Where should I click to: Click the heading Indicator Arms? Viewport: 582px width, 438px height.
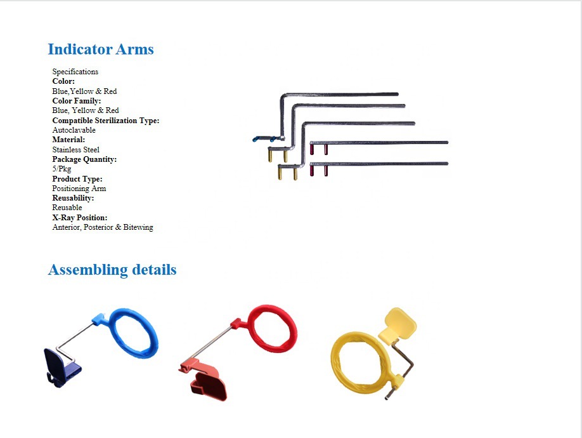(101, 50)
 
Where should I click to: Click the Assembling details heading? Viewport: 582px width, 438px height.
(112, 270)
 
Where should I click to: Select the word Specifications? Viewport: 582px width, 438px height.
(75, 72)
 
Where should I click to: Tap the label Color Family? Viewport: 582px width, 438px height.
(76, 101)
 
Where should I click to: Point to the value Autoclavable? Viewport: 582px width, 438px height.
(74, 130)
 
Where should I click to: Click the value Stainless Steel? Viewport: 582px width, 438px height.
(75, 150)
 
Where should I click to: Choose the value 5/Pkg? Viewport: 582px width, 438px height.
(61, 169)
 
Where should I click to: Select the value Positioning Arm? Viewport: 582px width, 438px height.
(79, 189)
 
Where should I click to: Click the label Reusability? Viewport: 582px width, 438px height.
(73, 198)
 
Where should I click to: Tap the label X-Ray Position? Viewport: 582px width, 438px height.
(79, 218)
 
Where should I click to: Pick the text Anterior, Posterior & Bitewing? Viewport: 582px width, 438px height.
(102, 227)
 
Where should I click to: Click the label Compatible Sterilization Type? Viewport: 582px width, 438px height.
(105, 121)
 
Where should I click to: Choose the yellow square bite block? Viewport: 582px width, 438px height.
(400, 324)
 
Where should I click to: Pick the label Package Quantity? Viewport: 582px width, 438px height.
(84, 159)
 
